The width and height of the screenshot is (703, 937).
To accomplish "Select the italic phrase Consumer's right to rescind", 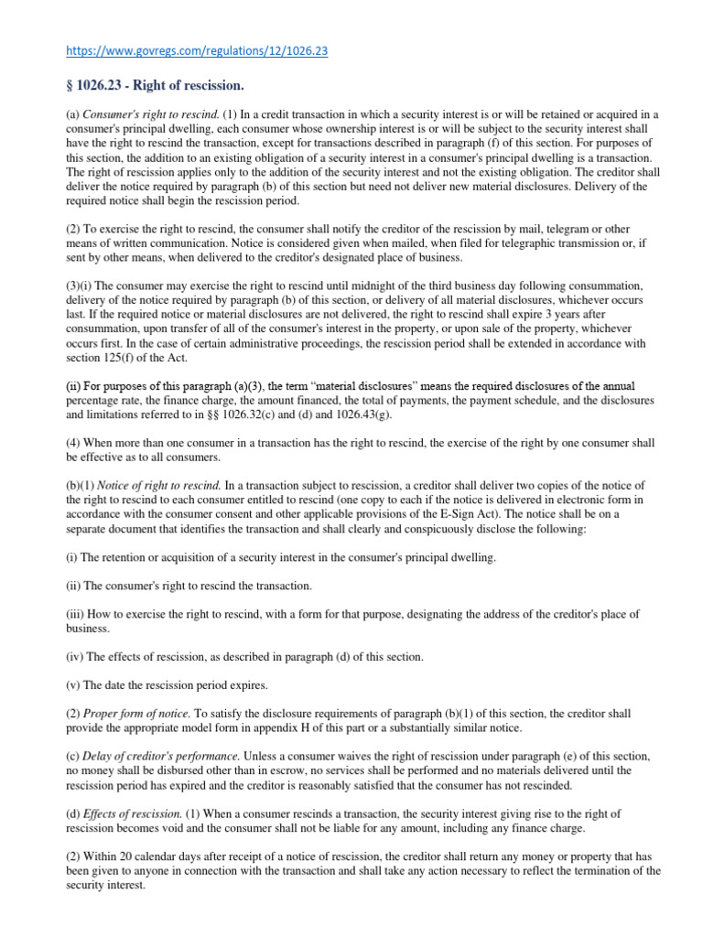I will [x=139, y=114].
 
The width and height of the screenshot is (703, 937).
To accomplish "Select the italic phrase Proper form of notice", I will [x=135, y=713].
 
